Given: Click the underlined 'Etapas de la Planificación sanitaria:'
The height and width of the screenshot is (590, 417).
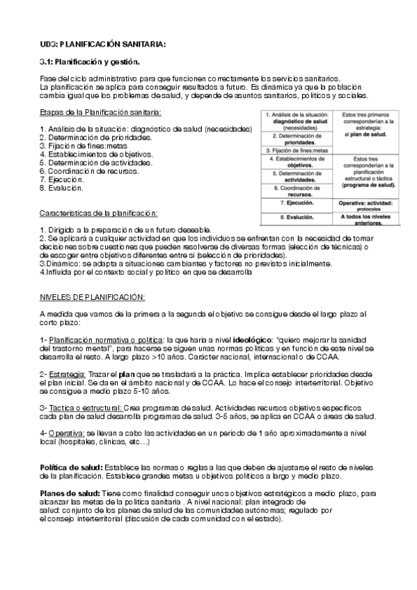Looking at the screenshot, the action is pos(101,113).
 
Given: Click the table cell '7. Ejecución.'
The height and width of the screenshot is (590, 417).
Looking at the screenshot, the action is pos(294,202).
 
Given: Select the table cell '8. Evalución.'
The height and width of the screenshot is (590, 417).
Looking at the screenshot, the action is pos(294,217).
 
